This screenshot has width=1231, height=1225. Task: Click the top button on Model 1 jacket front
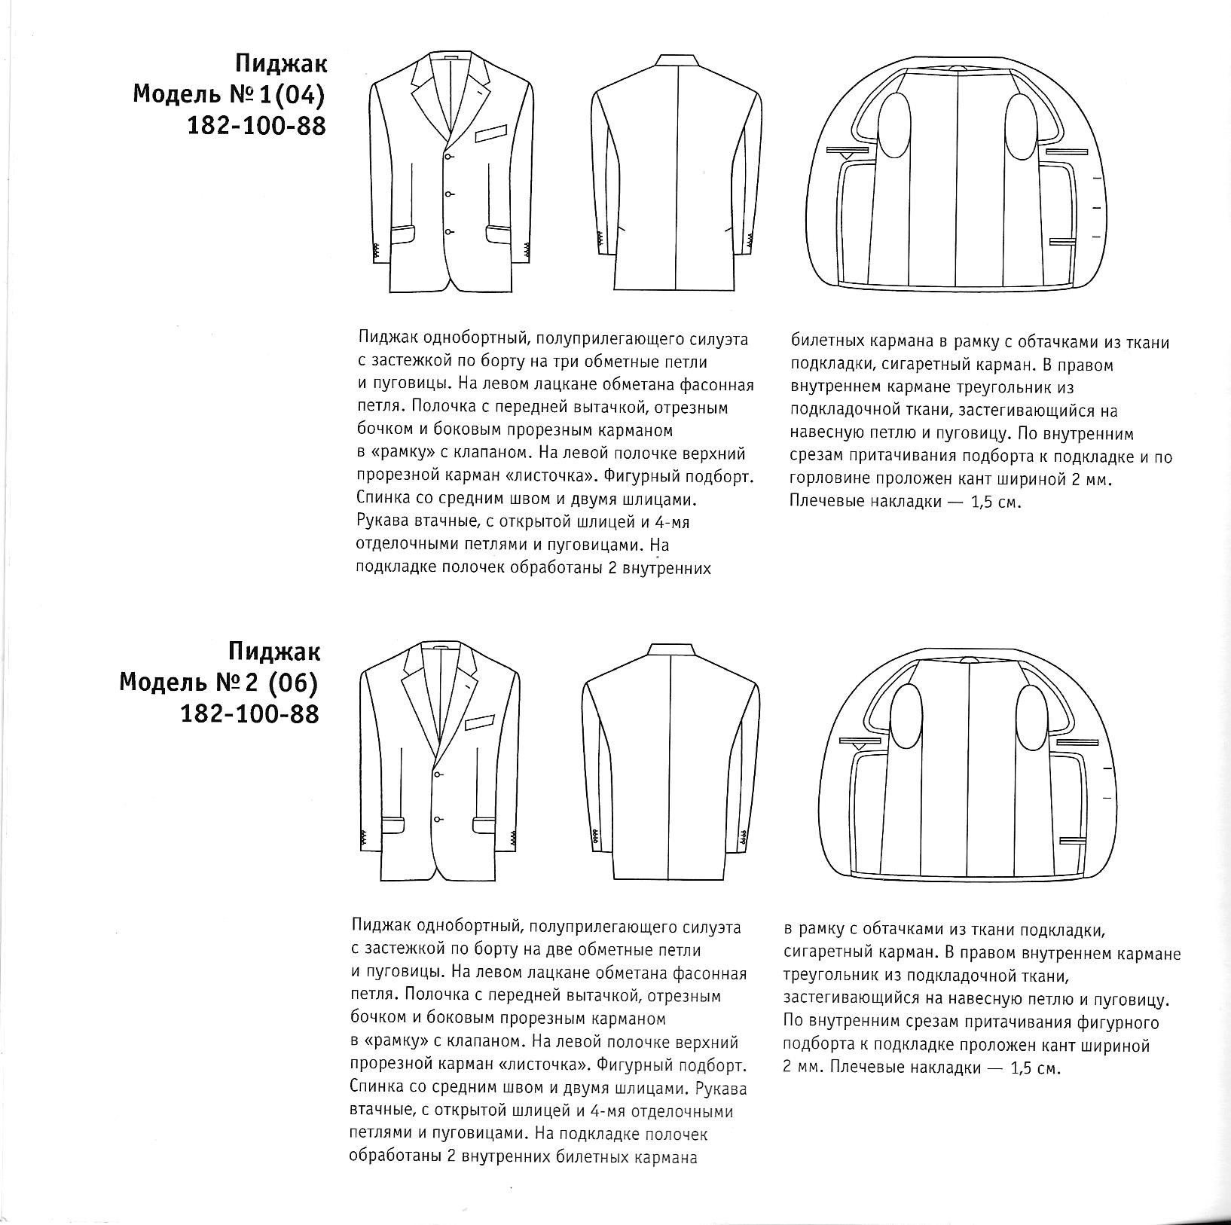pos(448,156)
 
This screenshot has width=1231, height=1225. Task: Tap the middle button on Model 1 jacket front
pos(448,194)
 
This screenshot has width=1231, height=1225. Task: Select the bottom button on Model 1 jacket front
pos(448,231)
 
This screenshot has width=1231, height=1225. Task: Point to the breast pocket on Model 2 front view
pos(481,724)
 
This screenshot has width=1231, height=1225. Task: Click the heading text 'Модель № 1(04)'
pos(230,94)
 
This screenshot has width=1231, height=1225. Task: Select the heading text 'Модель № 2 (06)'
pos(219,683)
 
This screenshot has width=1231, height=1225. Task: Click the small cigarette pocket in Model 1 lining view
pos(1060,242)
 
